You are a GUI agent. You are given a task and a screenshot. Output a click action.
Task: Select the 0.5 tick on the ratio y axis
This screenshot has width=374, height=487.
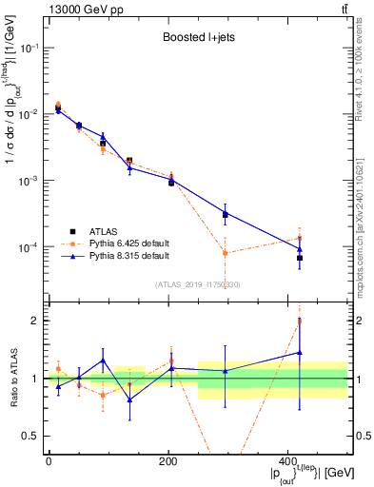(x=33, y=437)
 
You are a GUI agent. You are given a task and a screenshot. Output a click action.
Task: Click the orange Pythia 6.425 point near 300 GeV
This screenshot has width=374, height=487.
(x=225, y=253)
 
